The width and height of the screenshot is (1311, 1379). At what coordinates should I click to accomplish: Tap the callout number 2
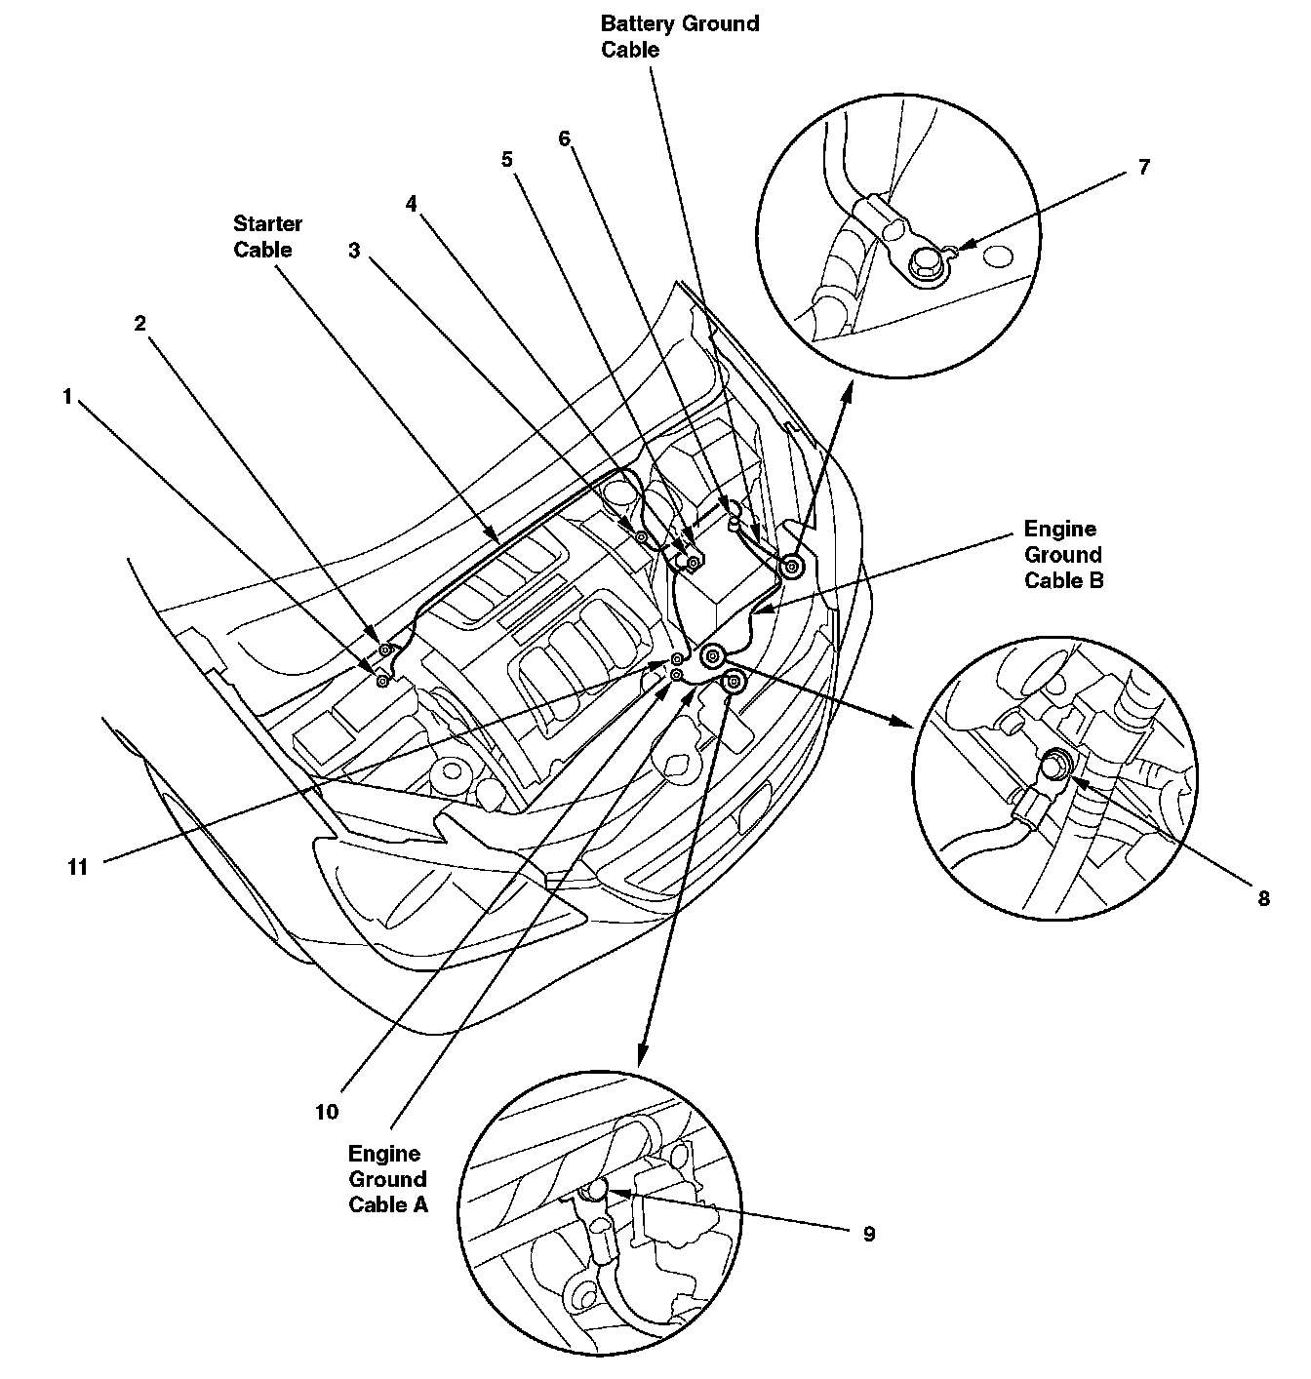point(140,323)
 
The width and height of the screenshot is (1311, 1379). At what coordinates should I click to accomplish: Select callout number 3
point(354,251)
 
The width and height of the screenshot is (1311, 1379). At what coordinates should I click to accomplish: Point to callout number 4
point(412,203)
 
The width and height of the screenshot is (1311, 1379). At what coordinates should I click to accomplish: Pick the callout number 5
point(507,159)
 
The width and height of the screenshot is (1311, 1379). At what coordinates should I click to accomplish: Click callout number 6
point(564,138)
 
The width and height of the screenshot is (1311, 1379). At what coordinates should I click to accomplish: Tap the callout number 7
point(1143,167)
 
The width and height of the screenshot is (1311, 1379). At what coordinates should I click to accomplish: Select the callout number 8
point(1263,898)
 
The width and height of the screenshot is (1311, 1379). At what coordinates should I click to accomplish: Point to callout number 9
point(868,1234)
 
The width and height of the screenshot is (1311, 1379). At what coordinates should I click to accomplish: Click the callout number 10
point(326,1111)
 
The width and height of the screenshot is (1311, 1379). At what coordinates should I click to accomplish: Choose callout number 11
point(78,866)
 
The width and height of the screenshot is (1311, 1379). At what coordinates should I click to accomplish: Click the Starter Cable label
point(267,237)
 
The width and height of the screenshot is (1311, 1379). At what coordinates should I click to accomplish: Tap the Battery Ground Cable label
point(679,36)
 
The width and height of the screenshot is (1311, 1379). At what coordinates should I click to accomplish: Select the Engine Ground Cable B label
point(1062,555)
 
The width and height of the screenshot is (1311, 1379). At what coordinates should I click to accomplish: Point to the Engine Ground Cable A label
point(387,1178)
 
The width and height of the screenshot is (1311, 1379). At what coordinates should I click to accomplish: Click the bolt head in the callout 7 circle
point(923,262)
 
